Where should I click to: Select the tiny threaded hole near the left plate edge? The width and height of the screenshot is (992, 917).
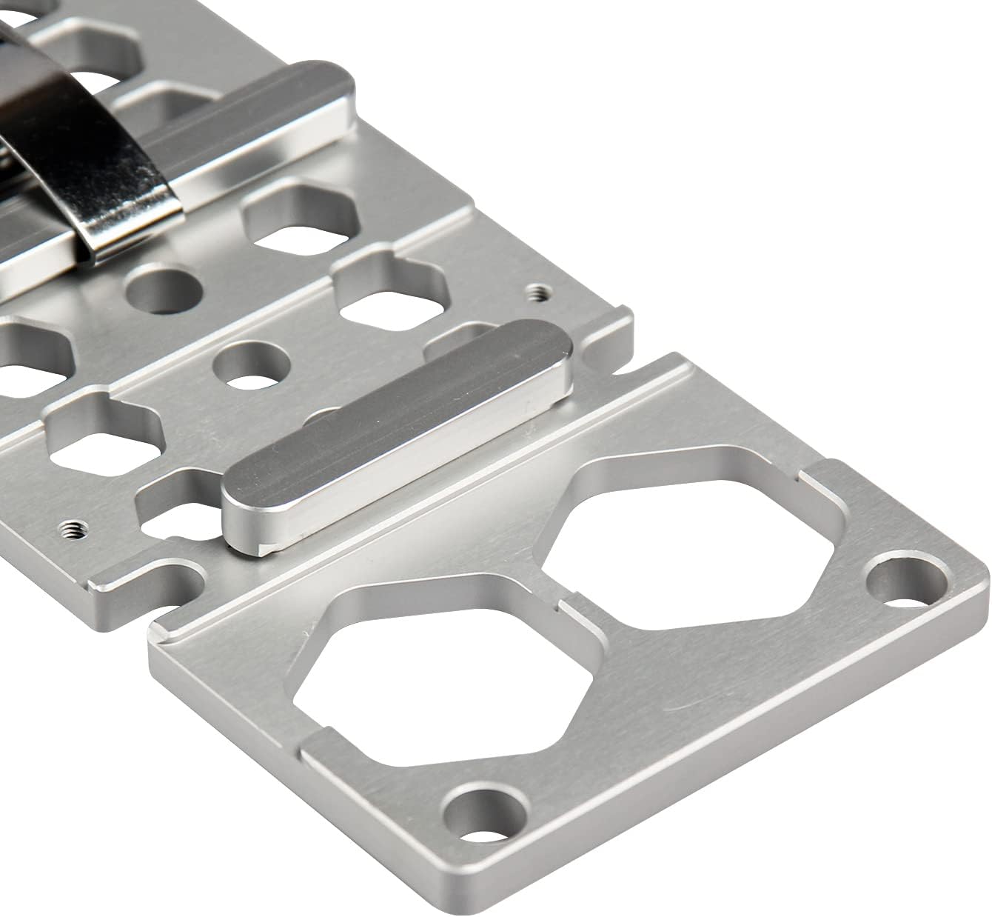pos(70,527)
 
